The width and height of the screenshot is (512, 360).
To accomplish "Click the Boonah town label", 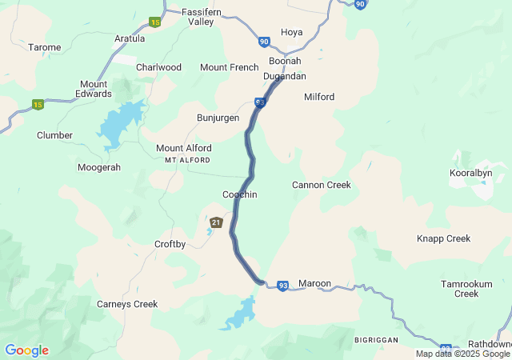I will point(285,61).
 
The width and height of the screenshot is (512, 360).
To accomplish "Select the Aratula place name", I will point(130,38).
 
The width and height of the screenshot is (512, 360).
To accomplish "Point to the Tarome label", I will point(45,47).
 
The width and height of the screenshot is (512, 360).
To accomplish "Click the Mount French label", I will point(230,67).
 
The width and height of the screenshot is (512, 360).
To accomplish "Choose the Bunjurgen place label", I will point(218,118).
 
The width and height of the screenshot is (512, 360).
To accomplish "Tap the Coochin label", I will point(239,194).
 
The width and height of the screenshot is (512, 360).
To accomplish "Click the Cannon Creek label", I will point(321,185).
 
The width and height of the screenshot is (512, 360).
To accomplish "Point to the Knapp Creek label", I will point(443,238).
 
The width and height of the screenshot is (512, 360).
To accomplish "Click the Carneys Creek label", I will point(127,304).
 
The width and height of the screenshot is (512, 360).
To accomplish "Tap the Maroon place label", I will point(314,284).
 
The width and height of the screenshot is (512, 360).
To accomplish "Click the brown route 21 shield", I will point(216,222).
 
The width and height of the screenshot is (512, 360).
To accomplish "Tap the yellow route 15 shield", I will point(38,104).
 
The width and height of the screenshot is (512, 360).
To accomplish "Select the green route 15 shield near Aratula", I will point(155,22).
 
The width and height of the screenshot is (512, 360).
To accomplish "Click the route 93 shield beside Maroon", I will point(283,286).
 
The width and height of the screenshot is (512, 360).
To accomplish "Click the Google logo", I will point(26,350).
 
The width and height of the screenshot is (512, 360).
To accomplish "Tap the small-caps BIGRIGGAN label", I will point(376,340).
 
